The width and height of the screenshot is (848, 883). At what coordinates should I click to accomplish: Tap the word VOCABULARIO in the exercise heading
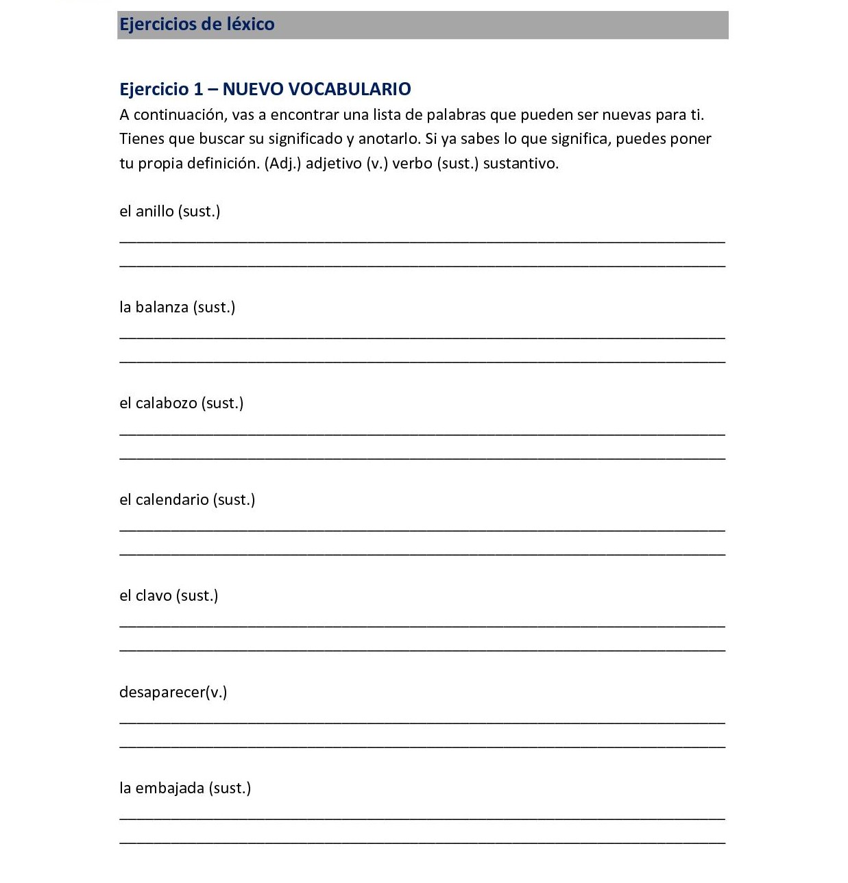pyautogui.click(x=350, y=89)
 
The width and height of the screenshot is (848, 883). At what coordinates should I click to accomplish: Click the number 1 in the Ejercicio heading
pyautogui.click(x=198, y=89)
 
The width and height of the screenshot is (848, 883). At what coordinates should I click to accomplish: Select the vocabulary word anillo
pyautogui.click(x=154, y=211)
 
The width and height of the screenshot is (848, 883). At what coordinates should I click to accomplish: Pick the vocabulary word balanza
pyautogui.click(x=162, y=307)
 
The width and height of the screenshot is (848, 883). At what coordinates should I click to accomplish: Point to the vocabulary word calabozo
pyautogui.click(x=166, y=403)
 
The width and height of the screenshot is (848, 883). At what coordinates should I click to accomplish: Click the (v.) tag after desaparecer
pyautogui.click(x=217, y=692)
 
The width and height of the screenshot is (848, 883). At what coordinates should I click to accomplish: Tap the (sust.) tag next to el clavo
pyautogui.click(x=197, y=595)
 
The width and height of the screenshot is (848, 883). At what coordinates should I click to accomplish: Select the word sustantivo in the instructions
pyautogui.click(x=520, y=163)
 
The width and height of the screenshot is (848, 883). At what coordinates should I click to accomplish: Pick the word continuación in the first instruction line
pyautogui.click(x=179, y=114)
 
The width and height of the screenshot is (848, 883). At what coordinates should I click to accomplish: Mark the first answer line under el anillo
pyautogui.click(x=422, y=240)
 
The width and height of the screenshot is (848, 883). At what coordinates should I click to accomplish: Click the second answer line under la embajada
pyautogui.click(x=422, y=842)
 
